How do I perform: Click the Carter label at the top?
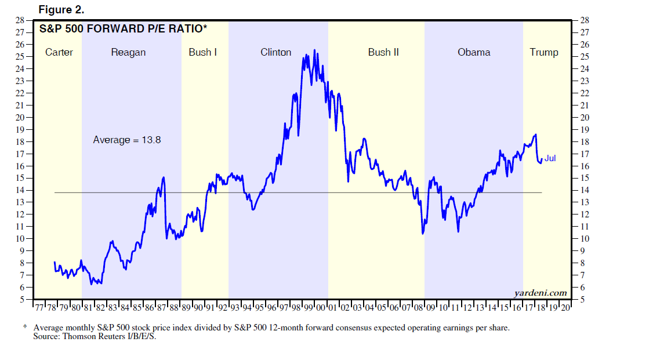tap(59, 52)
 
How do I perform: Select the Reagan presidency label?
tap(128, 52)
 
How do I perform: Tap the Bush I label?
tap(203, 52)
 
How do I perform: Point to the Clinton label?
tap(276, 52)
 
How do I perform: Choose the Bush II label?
tap(383, 52)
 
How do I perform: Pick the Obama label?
tap(474, 52)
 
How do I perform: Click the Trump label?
tap(544, 52)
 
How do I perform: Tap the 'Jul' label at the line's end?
tap(550, 158)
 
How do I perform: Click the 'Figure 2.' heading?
tap(61, 9)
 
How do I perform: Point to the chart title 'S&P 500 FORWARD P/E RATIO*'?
tap(123, 28)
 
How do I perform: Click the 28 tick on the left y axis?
tap(20, 20)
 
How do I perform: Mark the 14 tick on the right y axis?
tap(584, 190)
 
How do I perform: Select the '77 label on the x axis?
tap(39, 308)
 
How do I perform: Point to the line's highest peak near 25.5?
tap(314, 50)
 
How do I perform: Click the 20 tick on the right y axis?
tap(584, 117)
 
